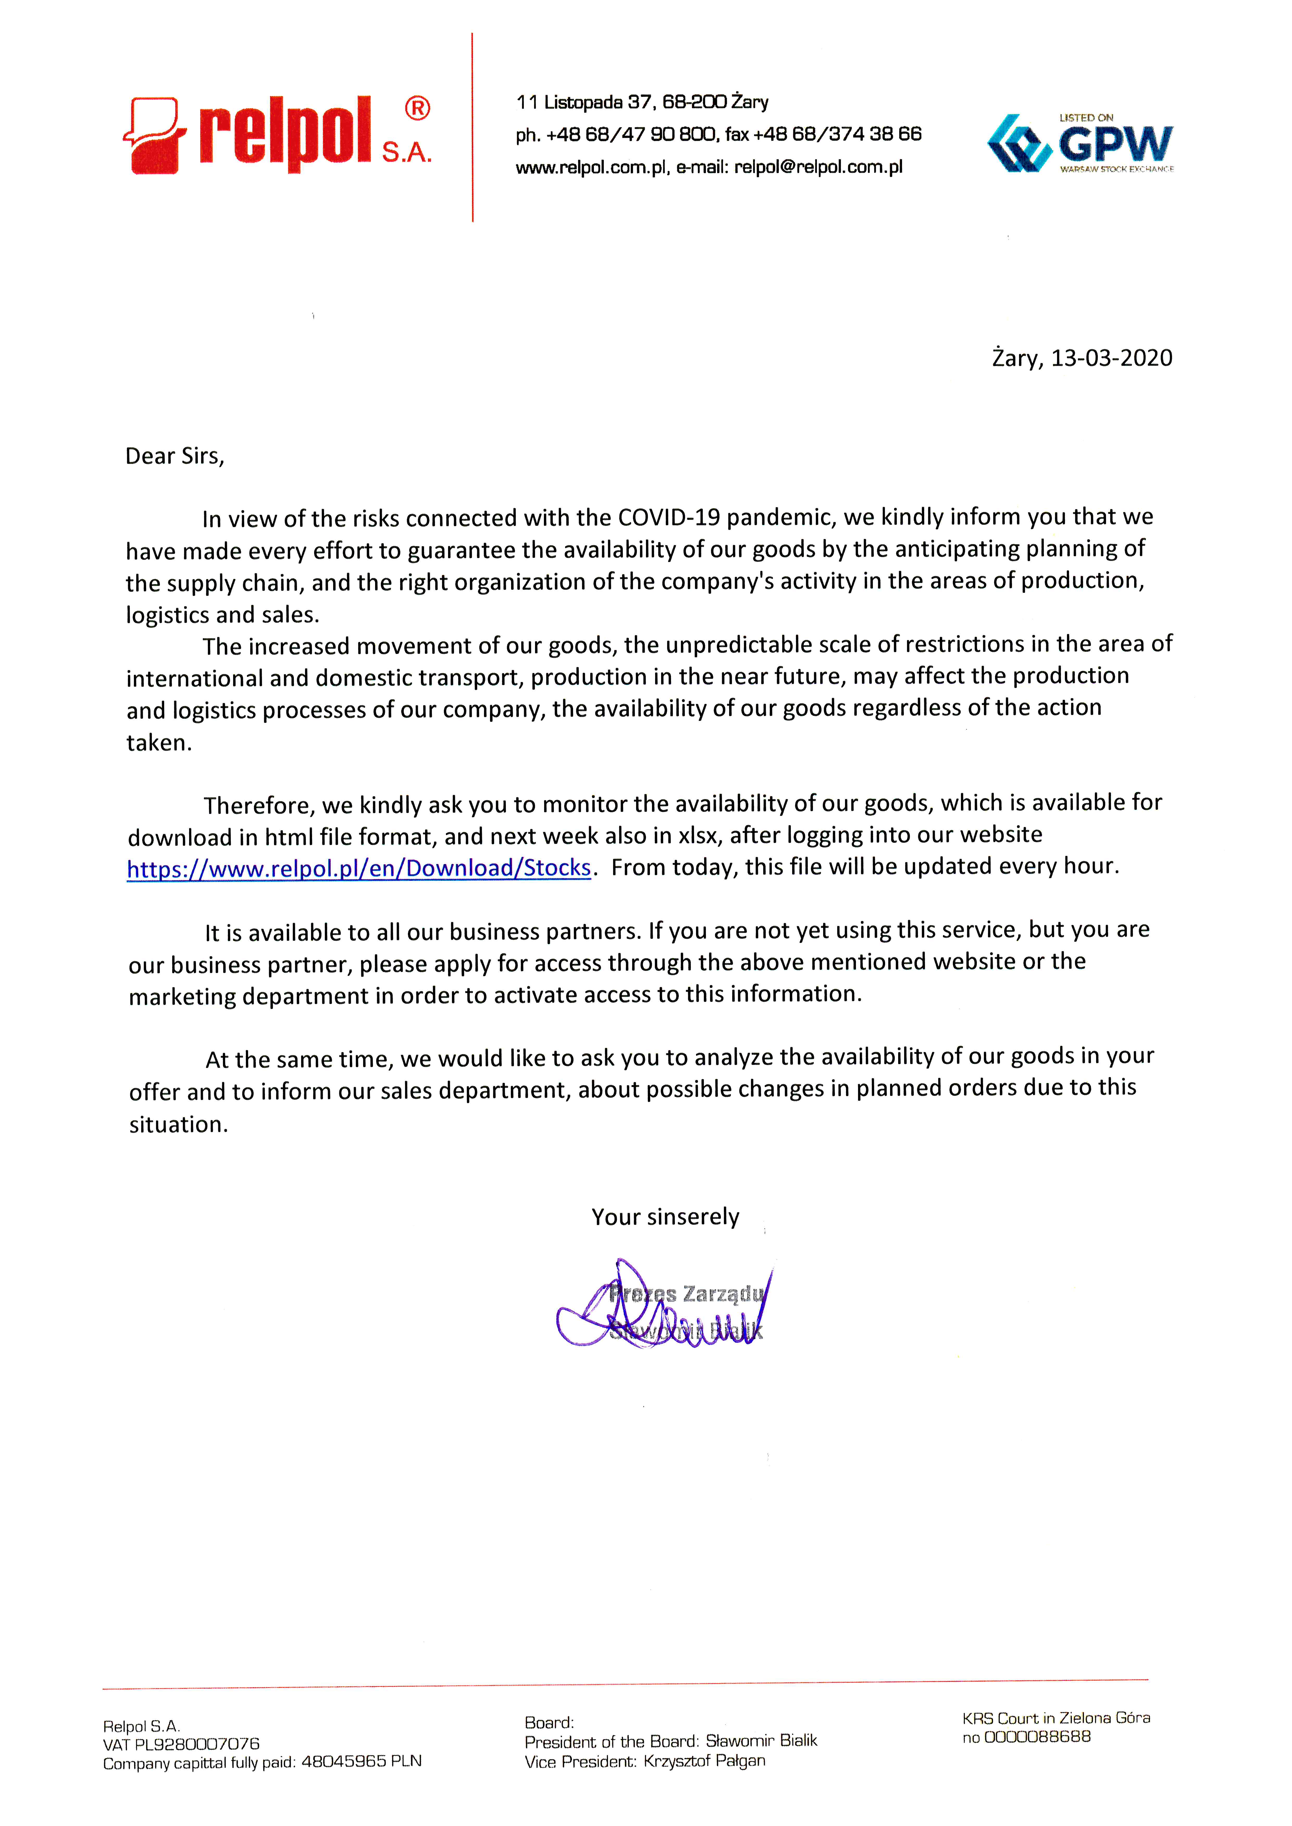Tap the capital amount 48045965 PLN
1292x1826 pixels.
[361, 1762]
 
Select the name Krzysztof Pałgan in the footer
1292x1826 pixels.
[704, 1761]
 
